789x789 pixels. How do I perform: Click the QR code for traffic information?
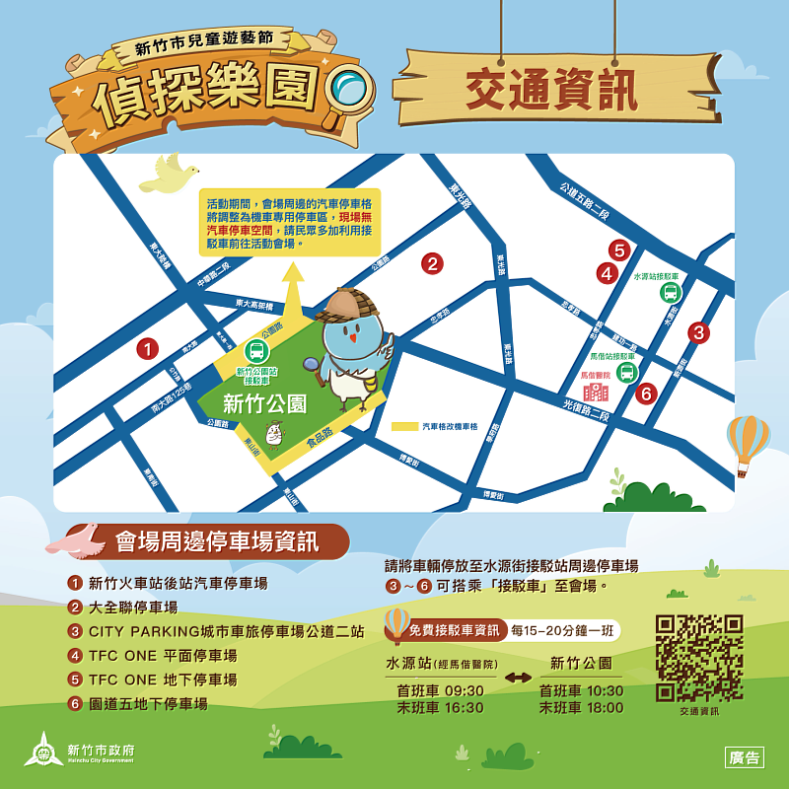[699, 658]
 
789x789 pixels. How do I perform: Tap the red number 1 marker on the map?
[147, 348]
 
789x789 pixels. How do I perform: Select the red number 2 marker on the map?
[431, 263]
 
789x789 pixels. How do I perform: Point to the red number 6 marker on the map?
[646, 394]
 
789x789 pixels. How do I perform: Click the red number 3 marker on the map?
[698, 332]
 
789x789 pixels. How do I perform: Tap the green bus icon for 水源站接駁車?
[671, 292]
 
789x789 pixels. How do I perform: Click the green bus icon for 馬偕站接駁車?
[625, 372]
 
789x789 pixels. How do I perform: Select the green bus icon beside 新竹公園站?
[255, 350]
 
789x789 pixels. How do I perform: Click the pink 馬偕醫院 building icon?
[596, 391]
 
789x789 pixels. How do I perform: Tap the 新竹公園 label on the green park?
[264, 403]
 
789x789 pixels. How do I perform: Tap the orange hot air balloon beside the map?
[748, 444]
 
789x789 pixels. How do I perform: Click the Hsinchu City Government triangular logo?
[43, 750]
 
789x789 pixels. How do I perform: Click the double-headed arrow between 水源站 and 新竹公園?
[519, 678]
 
